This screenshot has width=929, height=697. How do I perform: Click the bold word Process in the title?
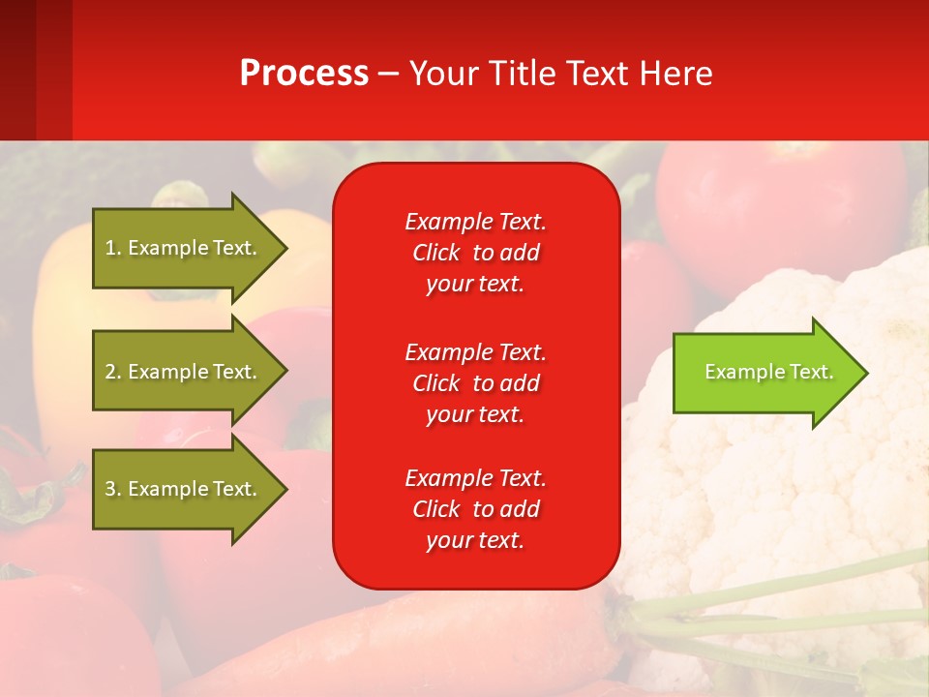click(304, 74)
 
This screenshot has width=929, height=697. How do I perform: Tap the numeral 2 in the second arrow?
click(110, 372)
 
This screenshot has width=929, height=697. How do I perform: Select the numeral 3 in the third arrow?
click(110, 489)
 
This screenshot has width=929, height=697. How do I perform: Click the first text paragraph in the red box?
click(475, 253)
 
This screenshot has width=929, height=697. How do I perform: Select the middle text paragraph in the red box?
click(475, 382)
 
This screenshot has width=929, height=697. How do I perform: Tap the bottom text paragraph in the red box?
click(475, 509)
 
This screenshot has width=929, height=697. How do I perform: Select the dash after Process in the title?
click(388, 74)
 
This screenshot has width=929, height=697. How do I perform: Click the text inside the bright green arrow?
click(768, 372)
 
